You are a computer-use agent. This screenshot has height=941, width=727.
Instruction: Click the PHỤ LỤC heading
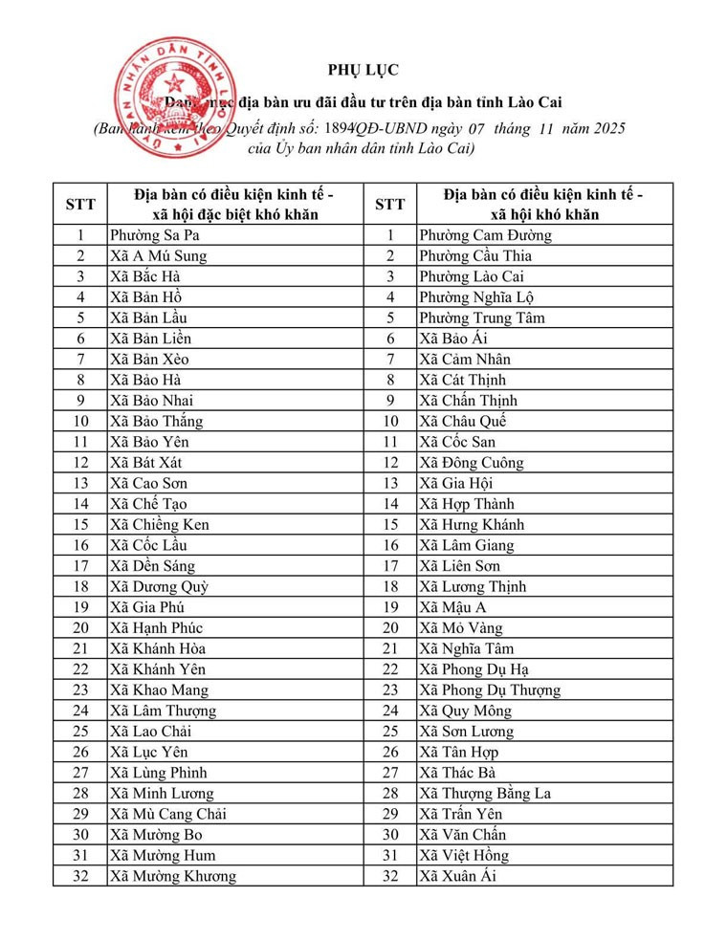pos(363,69)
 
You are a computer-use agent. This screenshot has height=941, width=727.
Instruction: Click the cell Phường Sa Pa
pos(155,235)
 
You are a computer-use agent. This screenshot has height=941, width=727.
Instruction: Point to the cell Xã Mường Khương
pos(172,876)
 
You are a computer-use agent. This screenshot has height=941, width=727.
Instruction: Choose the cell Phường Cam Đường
pos(485,235)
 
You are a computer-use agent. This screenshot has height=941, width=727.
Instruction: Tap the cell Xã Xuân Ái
pos(457,876)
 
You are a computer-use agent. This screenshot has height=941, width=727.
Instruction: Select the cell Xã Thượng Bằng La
pos(485,793)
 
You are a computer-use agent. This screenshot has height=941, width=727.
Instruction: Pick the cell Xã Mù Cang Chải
pos(168,814)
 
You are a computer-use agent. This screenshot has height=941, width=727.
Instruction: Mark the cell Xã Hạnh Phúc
pos(156,627)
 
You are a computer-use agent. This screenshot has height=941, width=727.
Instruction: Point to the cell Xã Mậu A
pos(452,607)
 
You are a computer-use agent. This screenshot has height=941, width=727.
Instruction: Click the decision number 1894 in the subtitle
pos(341,128)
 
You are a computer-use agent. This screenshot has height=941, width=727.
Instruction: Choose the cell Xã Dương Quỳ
pos(159,586)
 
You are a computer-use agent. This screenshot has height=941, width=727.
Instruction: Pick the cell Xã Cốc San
pos(457,442)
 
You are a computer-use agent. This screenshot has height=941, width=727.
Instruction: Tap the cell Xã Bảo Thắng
pos(157,421)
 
